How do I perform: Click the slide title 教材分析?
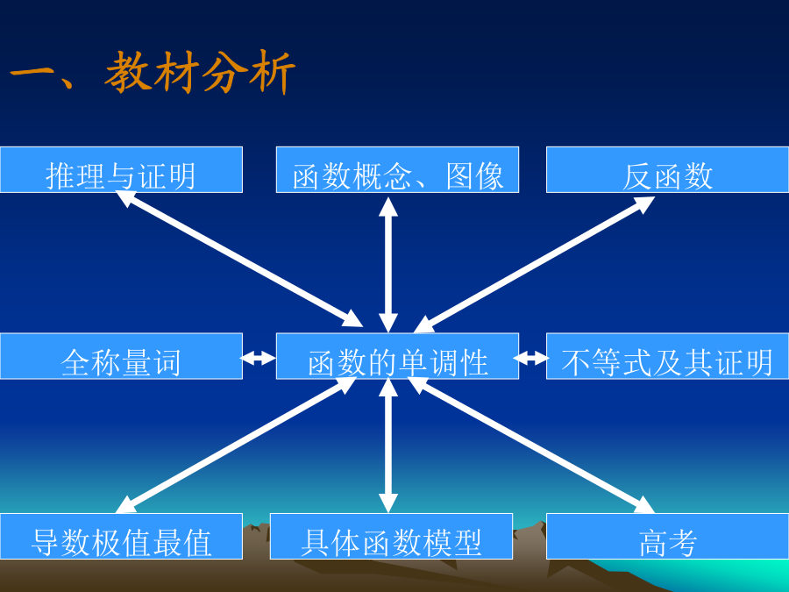[x=200, y=72]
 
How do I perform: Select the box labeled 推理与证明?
[x=121, y=169]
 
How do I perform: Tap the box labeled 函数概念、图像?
[x=397, y=169]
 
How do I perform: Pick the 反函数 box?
[x=667, y=169]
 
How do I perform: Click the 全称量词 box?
[x=121, y=356]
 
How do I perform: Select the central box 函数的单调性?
[x=397, y=356]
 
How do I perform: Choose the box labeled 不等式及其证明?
[x=667, y=356]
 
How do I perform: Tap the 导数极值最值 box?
[x=121, y=536]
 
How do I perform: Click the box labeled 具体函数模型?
[x=392, y=536]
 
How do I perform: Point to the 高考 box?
[x=667, y=536]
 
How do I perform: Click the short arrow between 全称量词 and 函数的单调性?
[x=259, y=359]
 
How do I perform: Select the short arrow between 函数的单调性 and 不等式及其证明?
[x=531, y=359]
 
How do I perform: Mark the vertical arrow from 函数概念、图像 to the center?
[x=388, y=265]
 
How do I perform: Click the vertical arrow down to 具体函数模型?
[x=388, y=446]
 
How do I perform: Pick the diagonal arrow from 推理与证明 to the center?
[x=239, y=259]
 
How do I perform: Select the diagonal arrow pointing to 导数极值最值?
[x=237, y=445]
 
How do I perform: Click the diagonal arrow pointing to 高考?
[x=531, y=445]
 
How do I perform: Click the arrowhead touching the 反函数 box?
[x=643, y=204]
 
